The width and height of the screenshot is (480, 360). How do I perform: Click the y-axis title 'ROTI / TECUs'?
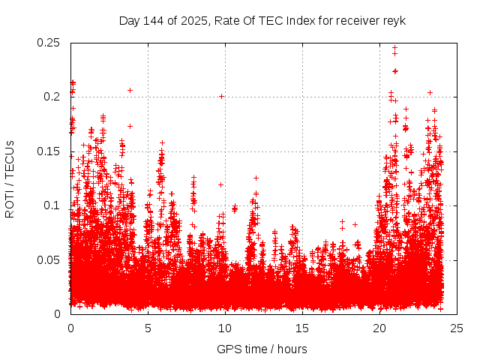pos(10,178)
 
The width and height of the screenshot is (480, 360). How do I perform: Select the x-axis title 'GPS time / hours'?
pos(262,349)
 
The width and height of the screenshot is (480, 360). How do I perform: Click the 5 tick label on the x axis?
pos(148,328)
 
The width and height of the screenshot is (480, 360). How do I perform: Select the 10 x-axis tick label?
pos(225,328)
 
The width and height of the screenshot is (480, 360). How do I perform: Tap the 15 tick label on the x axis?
pos(302,328)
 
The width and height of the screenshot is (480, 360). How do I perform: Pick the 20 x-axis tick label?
pos(379,328)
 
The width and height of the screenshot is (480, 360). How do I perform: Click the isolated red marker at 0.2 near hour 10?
pos(221,96)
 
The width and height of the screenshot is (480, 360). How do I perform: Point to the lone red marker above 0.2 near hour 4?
pos(130,90)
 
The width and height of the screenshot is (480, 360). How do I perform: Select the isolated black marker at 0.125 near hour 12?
pos(256,178)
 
